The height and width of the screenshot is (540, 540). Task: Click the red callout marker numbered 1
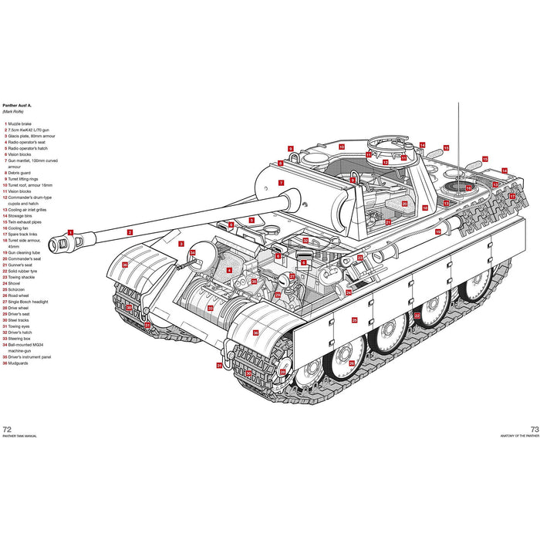(70, 231)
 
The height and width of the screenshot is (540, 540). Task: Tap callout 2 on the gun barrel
(130, 231)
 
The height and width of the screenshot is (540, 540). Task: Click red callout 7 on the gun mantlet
(281, 183)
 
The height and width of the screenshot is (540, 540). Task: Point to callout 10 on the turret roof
(340, 147)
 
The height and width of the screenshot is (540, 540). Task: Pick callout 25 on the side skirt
(354, 319)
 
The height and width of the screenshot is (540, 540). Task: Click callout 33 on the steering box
(210, 308)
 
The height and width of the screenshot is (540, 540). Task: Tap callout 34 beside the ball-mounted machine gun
(193, 253)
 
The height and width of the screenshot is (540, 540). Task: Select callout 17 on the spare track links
(511, 196)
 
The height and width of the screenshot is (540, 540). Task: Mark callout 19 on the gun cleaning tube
(437, 231)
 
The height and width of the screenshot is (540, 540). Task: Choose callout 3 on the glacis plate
(181, 244)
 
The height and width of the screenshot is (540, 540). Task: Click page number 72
(8, 429)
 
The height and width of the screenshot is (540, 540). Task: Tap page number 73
(533, 429)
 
